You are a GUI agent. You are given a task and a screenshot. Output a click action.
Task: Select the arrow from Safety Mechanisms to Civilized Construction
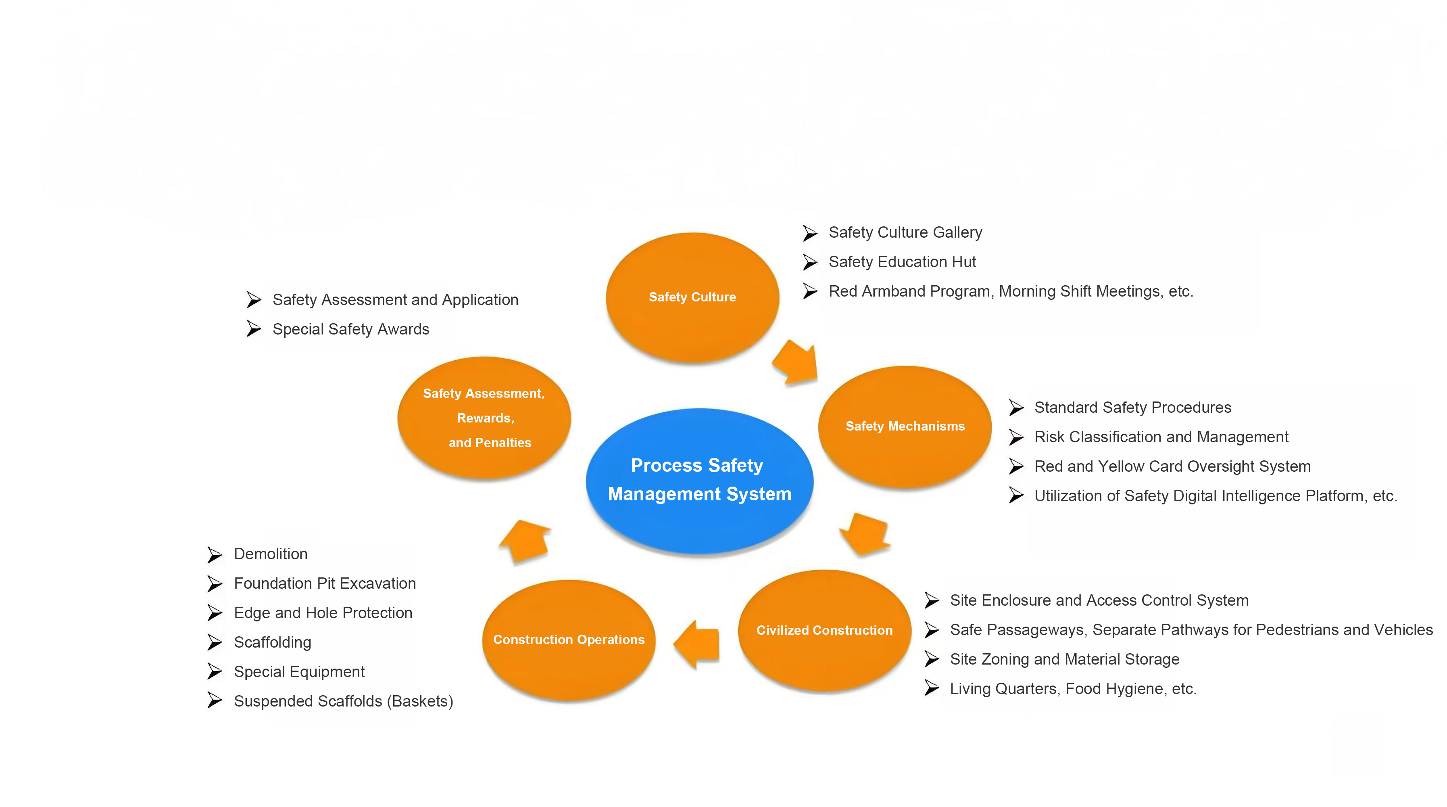865,533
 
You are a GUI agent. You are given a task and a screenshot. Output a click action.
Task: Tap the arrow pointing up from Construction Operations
525,540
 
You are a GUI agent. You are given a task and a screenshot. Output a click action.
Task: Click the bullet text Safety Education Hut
902,262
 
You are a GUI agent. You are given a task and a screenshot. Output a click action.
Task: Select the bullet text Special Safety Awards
350,329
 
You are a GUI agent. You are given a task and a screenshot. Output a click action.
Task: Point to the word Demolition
270,554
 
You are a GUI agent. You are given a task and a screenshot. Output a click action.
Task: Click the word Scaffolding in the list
273,642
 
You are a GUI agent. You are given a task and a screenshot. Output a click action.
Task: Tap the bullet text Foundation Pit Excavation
325,583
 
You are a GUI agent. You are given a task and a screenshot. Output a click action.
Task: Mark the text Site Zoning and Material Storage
1064,659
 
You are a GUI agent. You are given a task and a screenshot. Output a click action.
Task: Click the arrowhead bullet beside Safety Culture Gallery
809,233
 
